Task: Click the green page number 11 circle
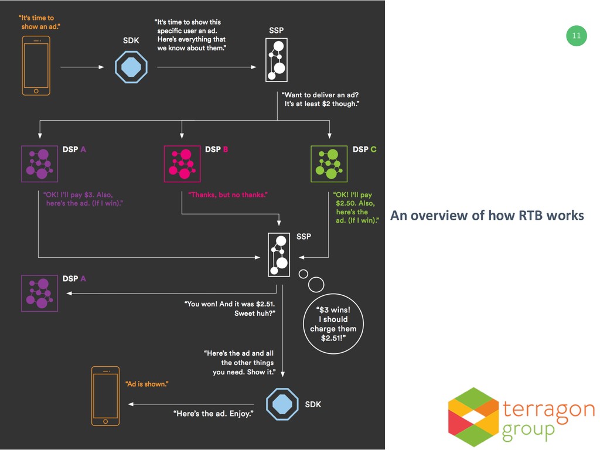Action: pos(577,36)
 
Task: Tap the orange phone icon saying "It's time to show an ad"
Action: pos(36,65)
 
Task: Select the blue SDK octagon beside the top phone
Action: pos(131,67)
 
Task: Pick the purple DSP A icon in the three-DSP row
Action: pos(39,163)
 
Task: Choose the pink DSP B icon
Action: pos(182,163)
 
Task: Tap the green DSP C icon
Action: pos(329,163)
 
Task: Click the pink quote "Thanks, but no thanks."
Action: pos(227,195)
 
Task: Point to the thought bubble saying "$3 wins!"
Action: pos(333,324)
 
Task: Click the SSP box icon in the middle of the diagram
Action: pos(279,254)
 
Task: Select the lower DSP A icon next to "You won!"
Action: pos(39,293)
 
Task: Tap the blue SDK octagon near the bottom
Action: pos(283,404)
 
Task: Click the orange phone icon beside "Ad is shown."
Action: pos(105,396)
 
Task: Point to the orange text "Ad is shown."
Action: pos(148,384)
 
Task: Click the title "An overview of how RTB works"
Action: pos(487,216)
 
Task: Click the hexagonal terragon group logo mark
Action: pos(474,417)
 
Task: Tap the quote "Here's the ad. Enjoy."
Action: pos(214,414)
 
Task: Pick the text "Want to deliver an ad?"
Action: pos(321,94)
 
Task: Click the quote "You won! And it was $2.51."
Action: pos(230,304)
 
